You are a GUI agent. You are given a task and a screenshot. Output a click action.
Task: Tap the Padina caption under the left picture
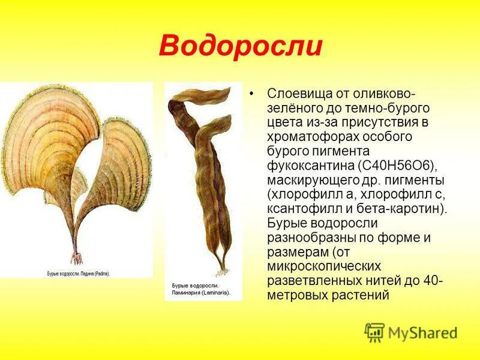pos(78,272)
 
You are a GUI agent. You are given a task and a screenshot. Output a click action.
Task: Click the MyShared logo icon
pos(374,332)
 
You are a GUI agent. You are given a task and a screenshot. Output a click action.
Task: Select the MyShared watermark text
pos(422,333)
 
